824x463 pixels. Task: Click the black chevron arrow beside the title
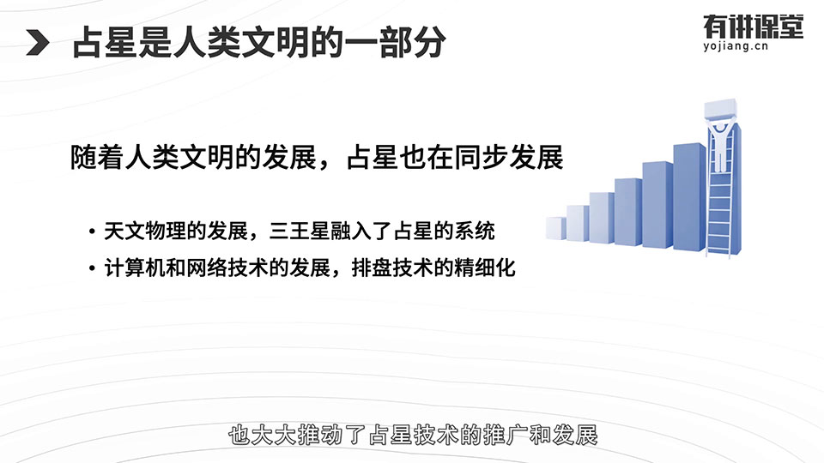pos(38,43)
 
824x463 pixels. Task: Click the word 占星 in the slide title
pos(105,43)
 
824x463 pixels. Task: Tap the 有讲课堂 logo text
pos(753,27)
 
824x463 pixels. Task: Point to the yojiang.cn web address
pos(736,46)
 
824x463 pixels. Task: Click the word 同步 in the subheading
pos(482,157)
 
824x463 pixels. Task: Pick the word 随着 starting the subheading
pos(97,157)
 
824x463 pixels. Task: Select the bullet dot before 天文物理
pos(92,231)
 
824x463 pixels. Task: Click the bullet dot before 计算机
pos(92,268)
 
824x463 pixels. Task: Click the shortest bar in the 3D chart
pos(555,228)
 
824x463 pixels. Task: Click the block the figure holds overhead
pos(720,110)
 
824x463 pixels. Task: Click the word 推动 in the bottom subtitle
pos(320,436)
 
